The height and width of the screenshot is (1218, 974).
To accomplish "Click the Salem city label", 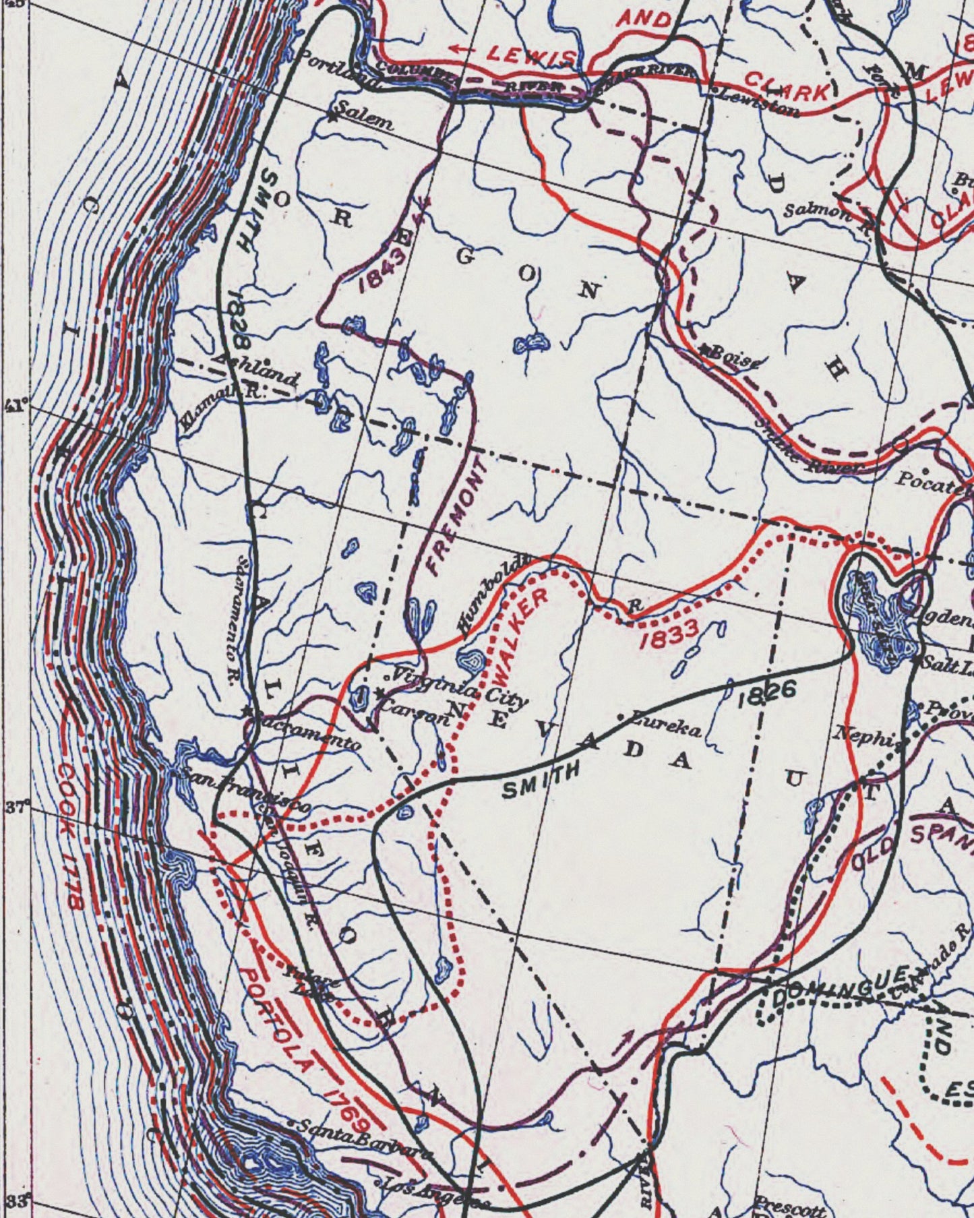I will tap(365, 120).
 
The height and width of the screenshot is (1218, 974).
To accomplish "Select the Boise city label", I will tap(735, 357).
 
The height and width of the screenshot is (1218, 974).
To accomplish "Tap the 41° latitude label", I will tap(15, 406).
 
